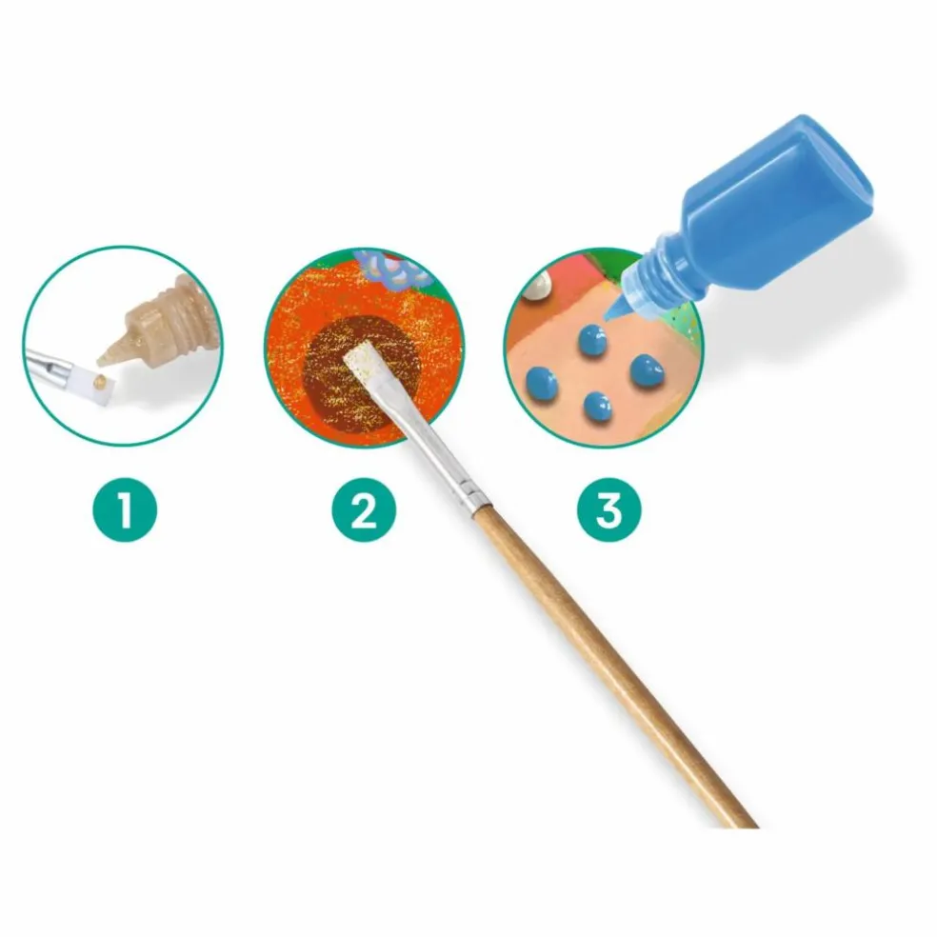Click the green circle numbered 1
point(125,509)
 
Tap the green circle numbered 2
point(364,509)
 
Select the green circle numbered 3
point(608,509)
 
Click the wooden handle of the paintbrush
point(615,664)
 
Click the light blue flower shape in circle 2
point(393,268)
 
